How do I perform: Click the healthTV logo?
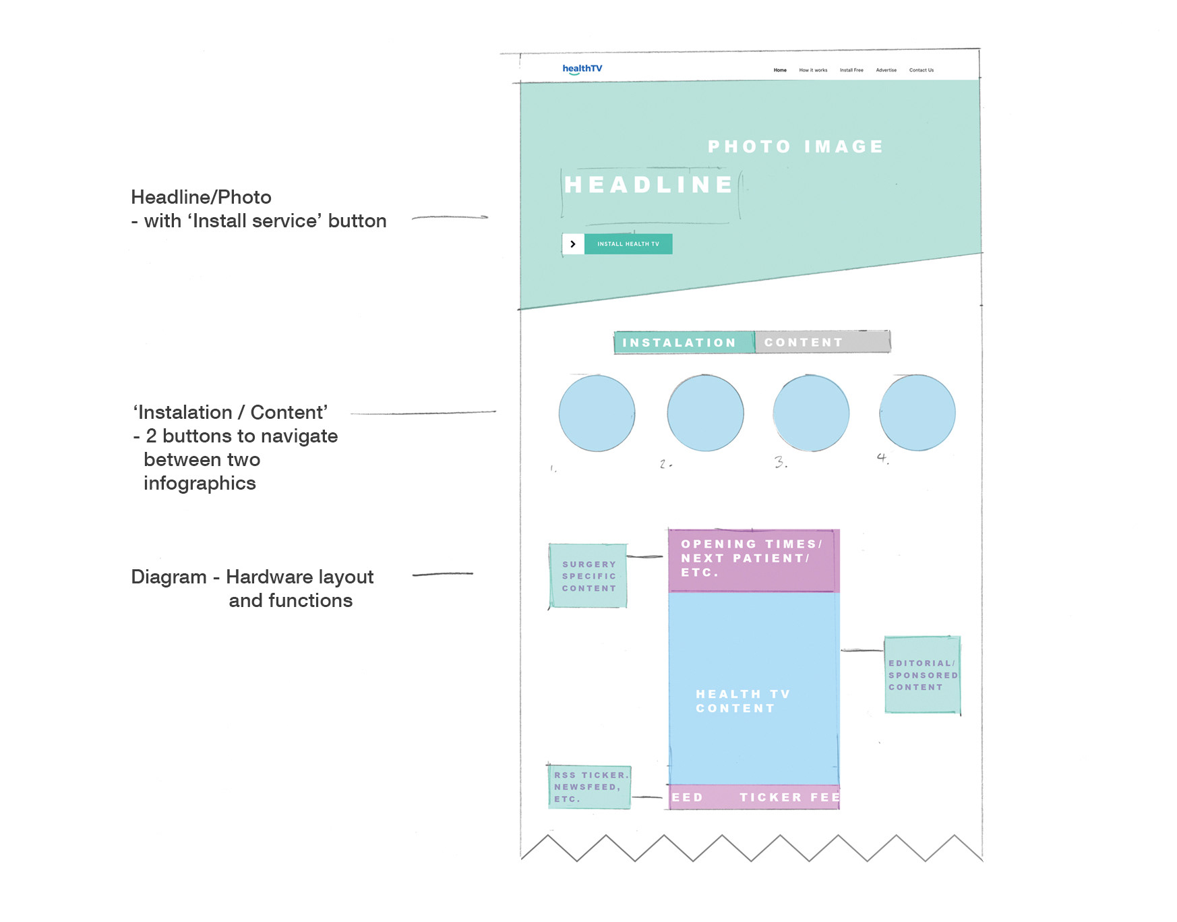tap(582, 69)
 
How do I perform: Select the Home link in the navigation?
tap(780, 70)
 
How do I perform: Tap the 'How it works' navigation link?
tap(813, 70)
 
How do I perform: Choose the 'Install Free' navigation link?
tap(851, 70)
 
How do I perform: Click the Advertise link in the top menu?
tap(886, 70)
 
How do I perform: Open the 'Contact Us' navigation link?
tap(921, 70)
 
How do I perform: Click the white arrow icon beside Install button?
tap(573, 244)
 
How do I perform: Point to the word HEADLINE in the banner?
tap(648, 185)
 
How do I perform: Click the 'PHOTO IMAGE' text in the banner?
tap(795, 147)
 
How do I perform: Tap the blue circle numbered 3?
tap(811, 413)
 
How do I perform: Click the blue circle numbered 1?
tap(597, 413)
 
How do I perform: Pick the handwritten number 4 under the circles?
tap(882, 459)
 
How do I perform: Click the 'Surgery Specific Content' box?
tap(588, 576)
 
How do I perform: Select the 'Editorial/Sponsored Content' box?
tap(922, 674)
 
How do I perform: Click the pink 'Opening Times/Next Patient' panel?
tap(753, 560)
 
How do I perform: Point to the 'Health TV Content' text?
tap(742, 701)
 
